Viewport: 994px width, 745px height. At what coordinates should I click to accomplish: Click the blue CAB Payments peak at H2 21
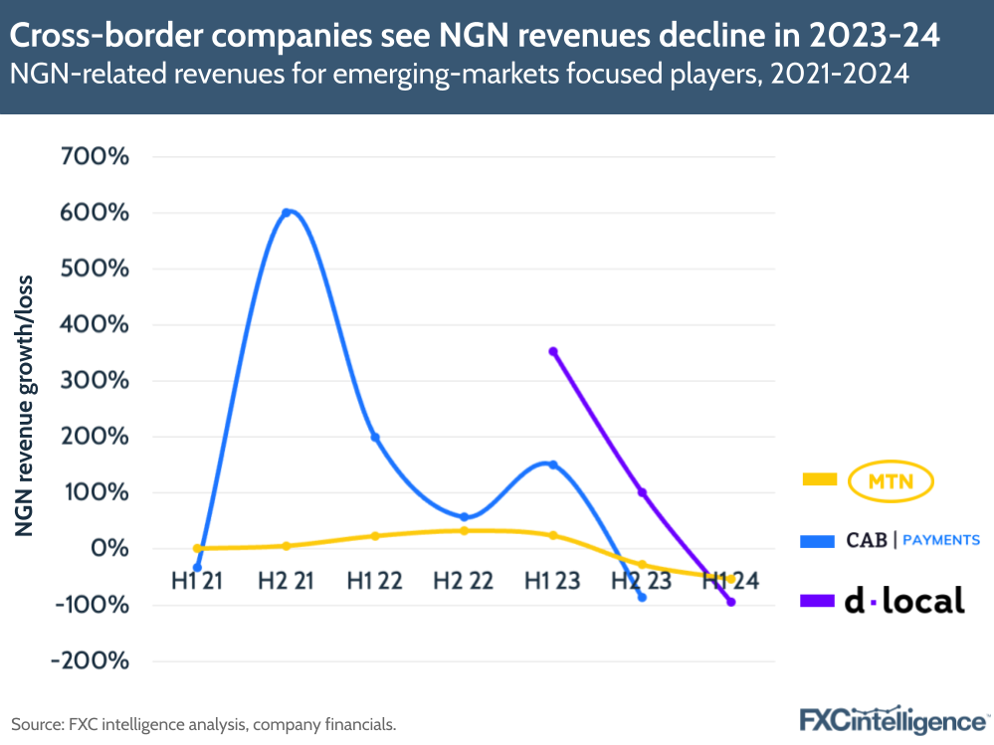[287, 212]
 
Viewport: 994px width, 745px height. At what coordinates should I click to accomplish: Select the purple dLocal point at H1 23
[553, 351]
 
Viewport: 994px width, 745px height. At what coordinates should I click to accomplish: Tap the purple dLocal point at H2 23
[642, 492]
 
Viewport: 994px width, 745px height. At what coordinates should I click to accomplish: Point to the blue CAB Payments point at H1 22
[375, 437]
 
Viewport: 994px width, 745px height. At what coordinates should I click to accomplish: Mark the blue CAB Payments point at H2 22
[465, 516]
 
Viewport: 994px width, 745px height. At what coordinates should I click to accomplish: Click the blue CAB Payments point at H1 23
[553, 465]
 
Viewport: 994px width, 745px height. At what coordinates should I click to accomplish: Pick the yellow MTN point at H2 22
[465, 530]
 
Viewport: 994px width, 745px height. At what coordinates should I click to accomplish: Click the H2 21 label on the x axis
[286, 582]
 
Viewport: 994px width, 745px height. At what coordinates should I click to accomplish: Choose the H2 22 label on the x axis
[464, 582]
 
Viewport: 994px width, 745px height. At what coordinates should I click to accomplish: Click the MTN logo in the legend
[893, 481]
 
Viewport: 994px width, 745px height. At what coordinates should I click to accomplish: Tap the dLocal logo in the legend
[904, 600]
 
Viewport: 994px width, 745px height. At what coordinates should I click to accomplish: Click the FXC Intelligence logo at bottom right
[893, 719]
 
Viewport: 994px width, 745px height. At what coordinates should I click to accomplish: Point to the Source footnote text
[204, 724]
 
